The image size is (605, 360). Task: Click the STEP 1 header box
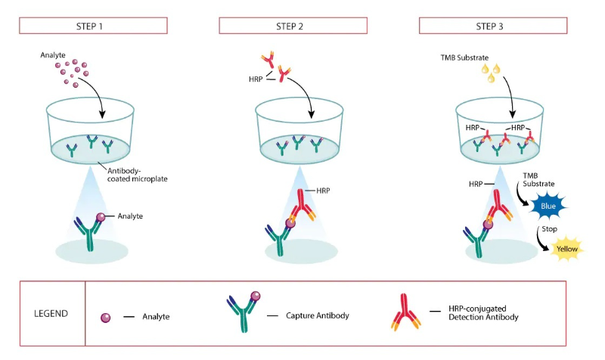[93, 26]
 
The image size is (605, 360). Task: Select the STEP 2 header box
[293, 26]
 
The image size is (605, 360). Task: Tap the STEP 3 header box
[493, 26]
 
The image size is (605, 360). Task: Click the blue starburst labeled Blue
[548, 206]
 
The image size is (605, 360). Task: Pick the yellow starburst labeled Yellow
[566, 249]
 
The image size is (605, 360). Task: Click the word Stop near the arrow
[549, 229]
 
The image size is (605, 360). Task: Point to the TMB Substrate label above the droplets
[464, 57]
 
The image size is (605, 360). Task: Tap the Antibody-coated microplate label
[138, 175]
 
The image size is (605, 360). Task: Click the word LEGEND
[51, 313]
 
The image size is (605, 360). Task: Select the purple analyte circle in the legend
[105, 318]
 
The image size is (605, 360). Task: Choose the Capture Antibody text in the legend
[317, 315]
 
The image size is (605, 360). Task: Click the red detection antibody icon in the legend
[405, 312]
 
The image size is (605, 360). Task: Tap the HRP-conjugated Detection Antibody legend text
[483, 313]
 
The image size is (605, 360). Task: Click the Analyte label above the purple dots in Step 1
[53, 55]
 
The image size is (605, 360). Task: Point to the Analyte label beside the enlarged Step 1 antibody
[130, 216]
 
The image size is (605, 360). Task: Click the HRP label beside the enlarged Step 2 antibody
[323, 191]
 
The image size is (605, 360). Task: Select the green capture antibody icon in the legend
[244, 312]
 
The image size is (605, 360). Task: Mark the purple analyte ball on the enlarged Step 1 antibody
[101, 217]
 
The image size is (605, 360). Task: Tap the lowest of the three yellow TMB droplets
[491, 78]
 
